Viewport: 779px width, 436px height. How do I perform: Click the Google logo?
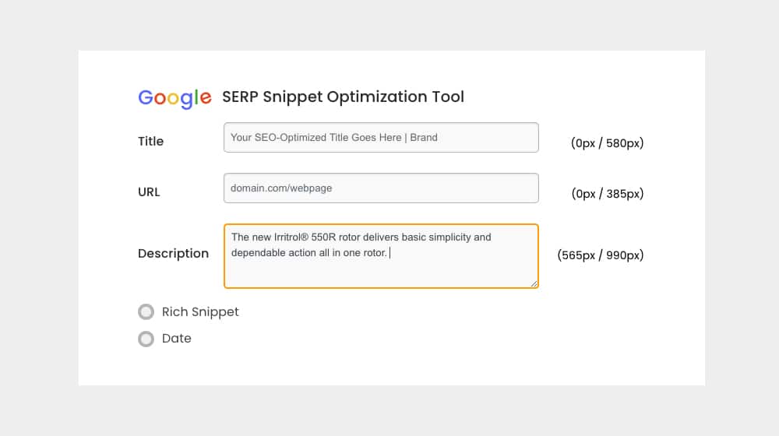[x=174, y=98]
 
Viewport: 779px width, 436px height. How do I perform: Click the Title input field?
[x=381, y=138]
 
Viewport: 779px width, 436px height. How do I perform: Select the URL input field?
[x=381, y=188]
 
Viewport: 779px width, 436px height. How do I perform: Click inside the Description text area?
[x=381, y=256]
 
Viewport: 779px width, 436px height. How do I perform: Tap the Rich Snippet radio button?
[x=146, y=312]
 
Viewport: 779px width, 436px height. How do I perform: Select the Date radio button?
[x=146, y=339]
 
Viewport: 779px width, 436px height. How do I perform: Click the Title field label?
[x=150, y=142]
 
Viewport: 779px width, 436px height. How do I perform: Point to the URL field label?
[x=149, y=192]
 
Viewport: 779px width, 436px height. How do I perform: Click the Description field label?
[x=174, y=254]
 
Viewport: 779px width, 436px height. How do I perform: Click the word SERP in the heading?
[x=241, y=97]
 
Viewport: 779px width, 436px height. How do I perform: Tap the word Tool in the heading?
[x=448, y=97]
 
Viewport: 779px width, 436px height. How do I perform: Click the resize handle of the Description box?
[x=534, y=283]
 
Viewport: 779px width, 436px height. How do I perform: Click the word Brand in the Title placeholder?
[x=424, y=138]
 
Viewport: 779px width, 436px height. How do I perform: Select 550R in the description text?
[x=323, y=237]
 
